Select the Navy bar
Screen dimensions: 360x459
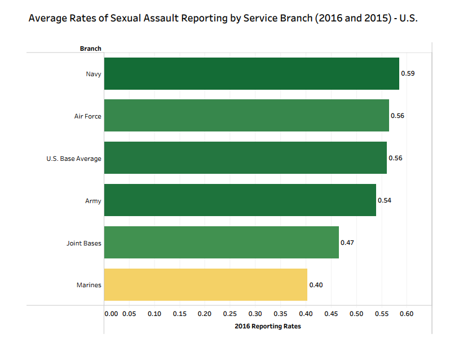coord(251,73)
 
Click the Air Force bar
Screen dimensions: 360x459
coord(246,116)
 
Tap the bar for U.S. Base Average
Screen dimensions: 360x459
coord(245,158)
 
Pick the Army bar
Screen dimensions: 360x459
coord(240,200)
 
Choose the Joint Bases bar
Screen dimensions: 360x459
coord(222,242)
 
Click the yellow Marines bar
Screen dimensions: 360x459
coord(206,284)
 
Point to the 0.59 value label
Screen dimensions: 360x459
coord(408,73)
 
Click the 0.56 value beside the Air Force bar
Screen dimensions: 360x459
coord(398,116)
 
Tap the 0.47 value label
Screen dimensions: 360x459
coord(347,242)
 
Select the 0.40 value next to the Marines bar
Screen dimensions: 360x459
coord(316,284)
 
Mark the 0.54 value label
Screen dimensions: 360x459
coord(385,200)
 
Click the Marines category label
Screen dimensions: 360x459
coord(89,285)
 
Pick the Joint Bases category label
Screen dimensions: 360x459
coord(84,243)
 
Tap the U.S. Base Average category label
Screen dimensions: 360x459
coord(74,159)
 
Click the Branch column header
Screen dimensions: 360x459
coord(90,49)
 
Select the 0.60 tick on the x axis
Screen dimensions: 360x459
coord(407,314)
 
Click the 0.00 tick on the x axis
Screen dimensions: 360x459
coord(111,314)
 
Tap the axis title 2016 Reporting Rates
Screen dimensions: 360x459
coord(267,326)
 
